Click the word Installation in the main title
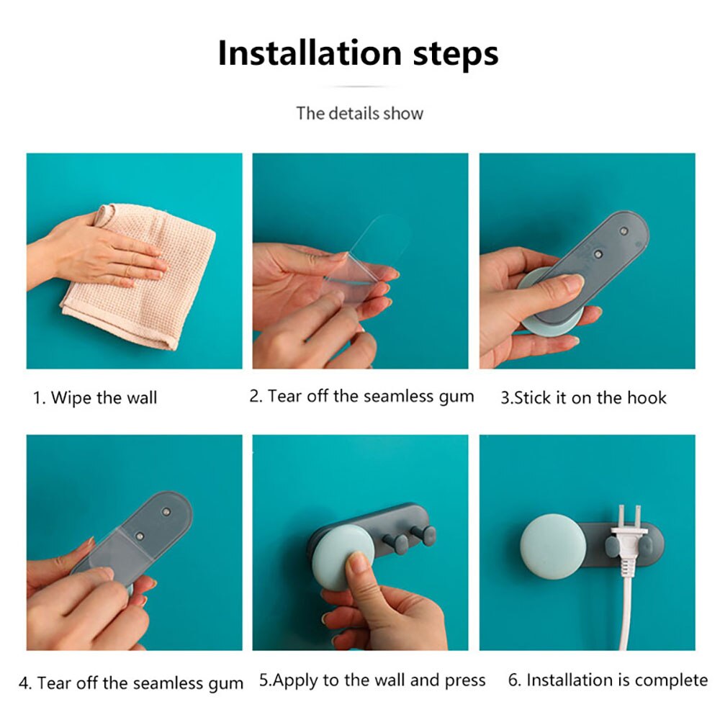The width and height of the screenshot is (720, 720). pos(310,53)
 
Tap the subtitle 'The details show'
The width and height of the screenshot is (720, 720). pos(359,114)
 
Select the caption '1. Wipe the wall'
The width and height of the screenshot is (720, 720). pos(95,397)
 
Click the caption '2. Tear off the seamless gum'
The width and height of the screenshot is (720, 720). pos(361,396)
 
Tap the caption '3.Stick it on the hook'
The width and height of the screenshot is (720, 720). pos(583,397)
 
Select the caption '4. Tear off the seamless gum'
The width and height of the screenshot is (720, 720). pos(131,683)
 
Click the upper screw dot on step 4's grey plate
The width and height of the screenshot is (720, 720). pos(166,511)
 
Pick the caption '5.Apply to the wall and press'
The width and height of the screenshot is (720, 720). pos(372,680)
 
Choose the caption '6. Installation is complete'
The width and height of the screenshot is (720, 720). pos(608,680)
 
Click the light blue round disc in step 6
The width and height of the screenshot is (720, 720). pos(553,547)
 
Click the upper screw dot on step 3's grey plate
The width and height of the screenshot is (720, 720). pos(624,231)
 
